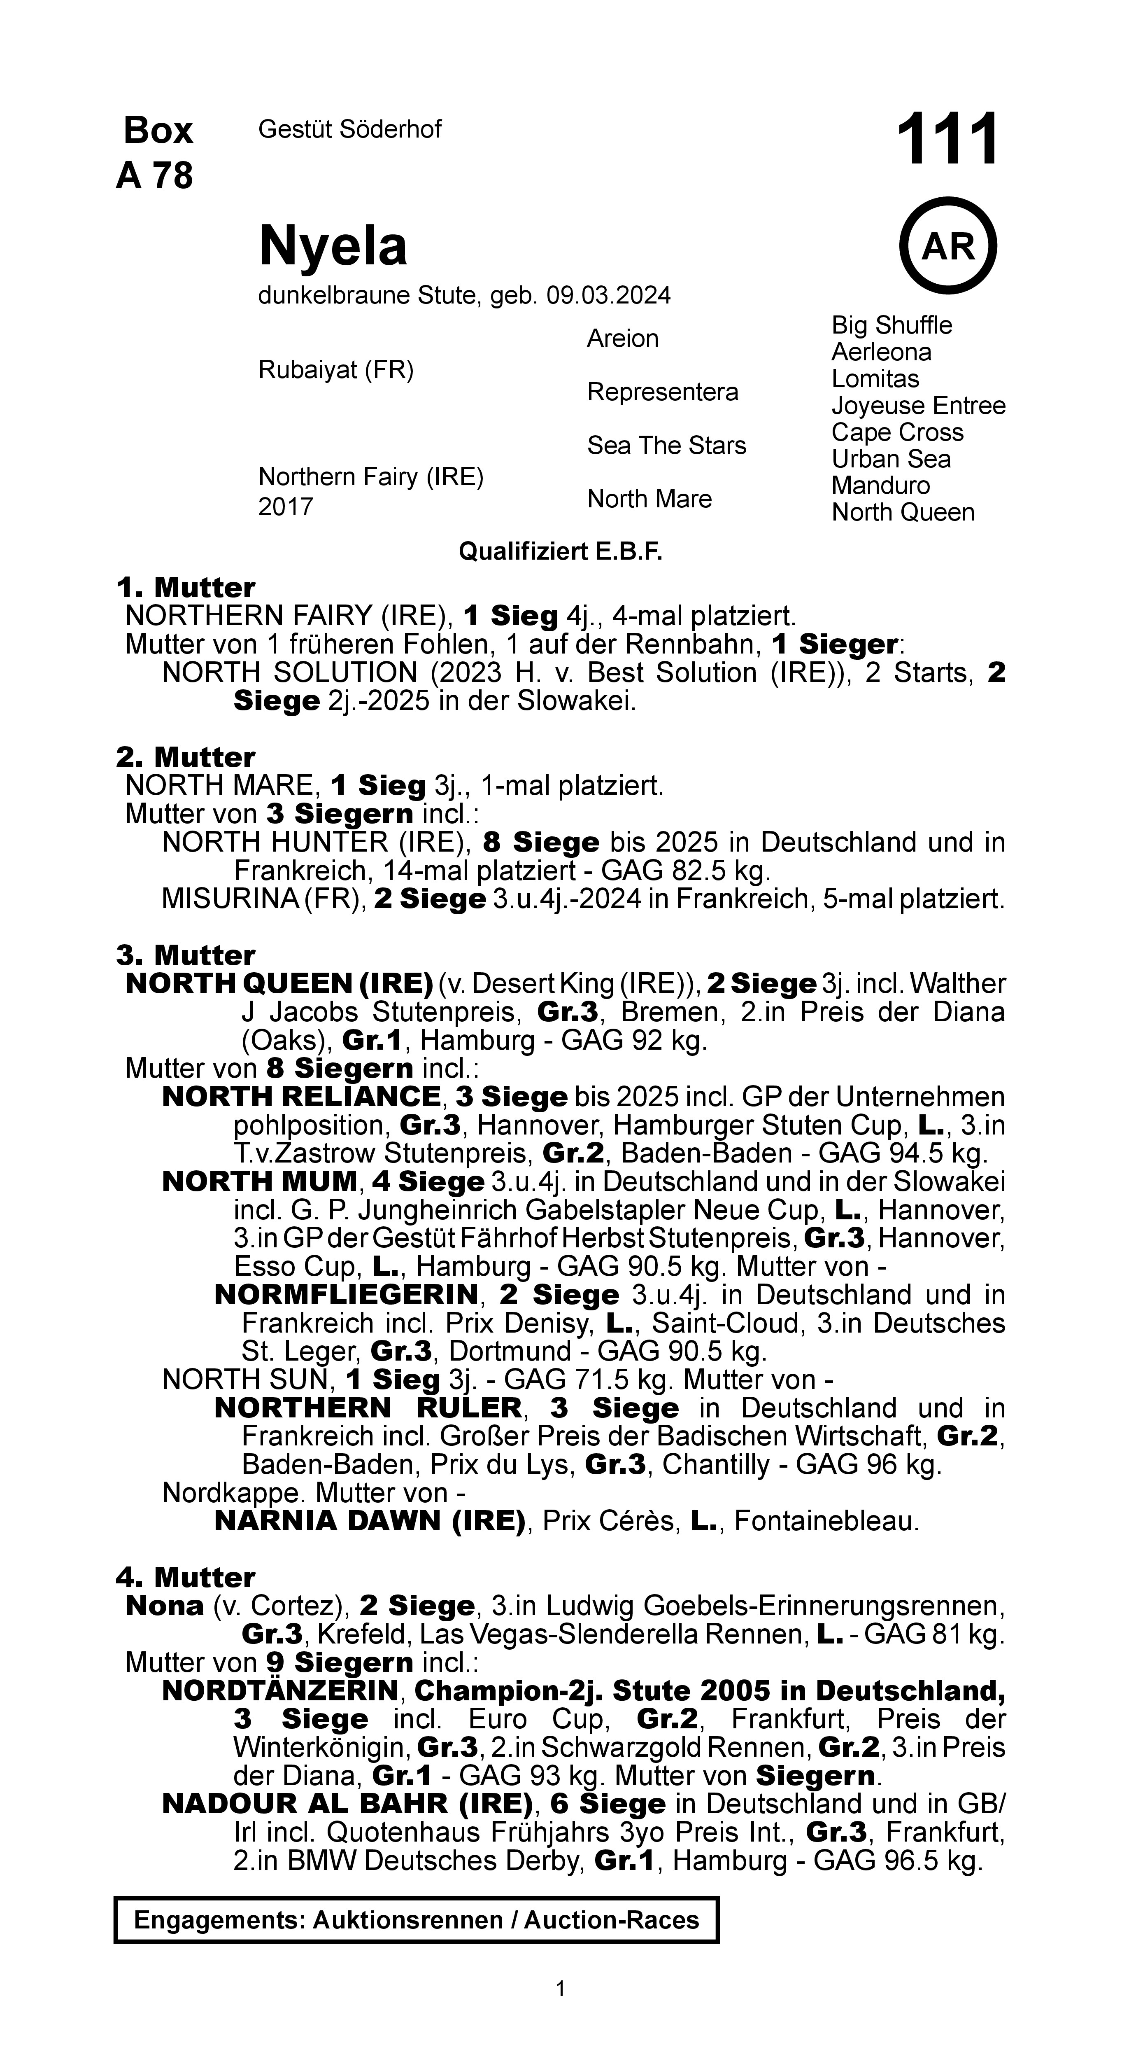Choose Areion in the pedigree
[623, 339]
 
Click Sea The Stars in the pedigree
[666, 445]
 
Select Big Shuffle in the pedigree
[892, 325]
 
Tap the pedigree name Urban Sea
[891, 459]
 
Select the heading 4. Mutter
[185, 1577]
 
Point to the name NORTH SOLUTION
[289, 673]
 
